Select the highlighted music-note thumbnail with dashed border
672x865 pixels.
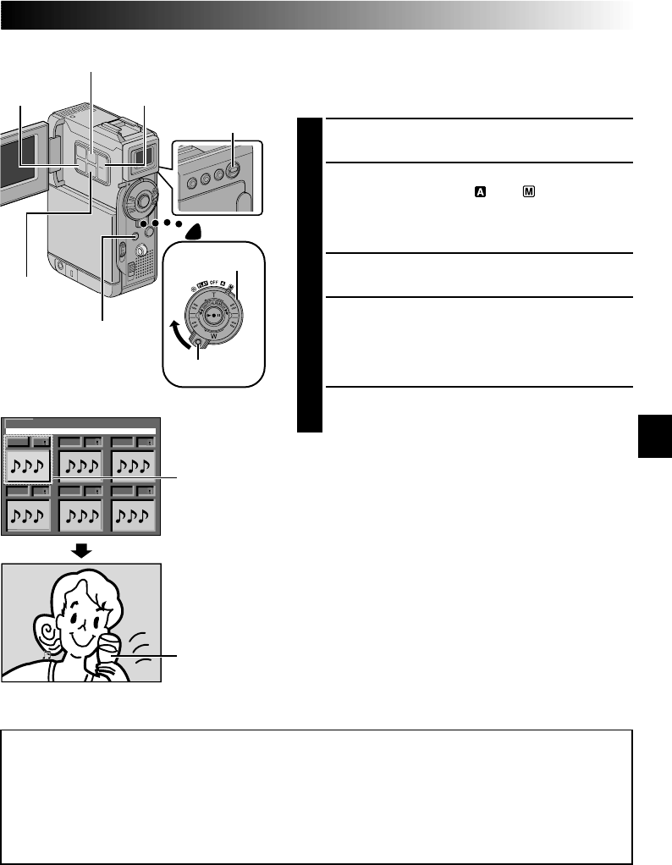(28, 464)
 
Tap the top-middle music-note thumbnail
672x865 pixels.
(80, 464)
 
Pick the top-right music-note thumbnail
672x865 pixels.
(131, 464)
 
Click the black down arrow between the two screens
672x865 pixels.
(80, 550)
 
